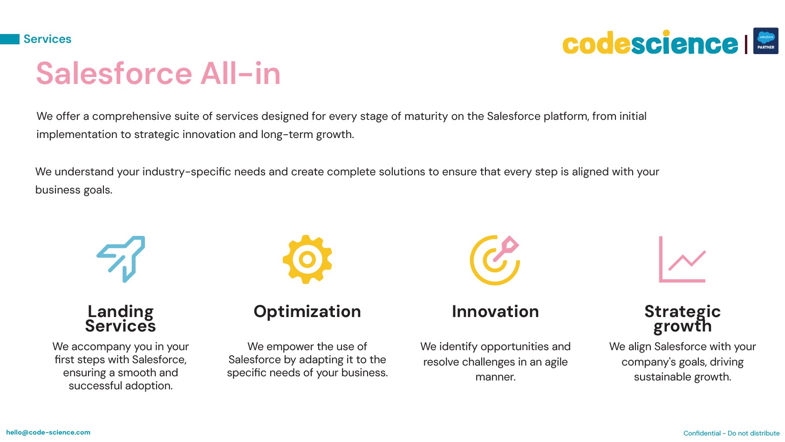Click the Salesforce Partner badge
766,41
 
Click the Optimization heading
307,311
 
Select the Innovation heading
495,311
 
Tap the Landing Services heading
120,318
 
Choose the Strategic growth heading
683,318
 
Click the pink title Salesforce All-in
158,73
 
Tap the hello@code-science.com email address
48,433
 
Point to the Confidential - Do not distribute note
731,433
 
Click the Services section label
48,39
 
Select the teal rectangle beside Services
10,39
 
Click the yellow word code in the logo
596,44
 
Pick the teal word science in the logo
684,42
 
